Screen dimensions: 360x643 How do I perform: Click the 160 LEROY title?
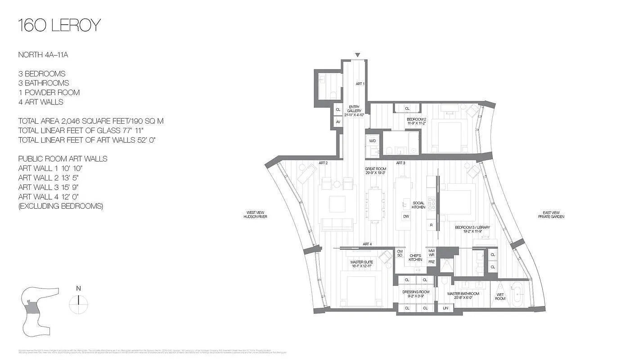tap(59, 25)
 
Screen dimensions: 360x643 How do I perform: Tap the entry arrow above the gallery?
tap(357, 55)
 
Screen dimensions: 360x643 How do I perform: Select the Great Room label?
tap(375, 171)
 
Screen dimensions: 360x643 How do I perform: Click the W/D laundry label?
tap(373, 141)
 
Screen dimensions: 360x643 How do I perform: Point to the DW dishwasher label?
tap(406, 216)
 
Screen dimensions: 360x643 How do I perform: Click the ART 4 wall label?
tap(367, 244)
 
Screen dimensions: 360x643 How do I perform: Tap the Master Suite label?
tap(360, 264)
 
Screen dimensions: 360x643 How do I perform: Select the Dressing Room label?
tap(416, 294)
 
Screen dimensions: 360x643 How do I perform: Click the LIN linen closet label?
tap(445, 308)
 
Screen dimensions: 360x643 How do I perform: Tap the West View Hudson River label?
tap(255, 215)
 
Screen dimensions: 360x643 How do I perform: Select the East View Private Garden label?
tap(551, 215)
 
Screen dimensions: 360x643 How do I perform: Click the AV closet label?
tap(338, 121)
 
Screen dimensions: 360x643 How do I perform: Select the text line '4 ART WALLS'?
tap(40, 102)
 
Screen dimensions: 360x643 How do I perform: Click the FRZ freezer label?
tap(432, 261)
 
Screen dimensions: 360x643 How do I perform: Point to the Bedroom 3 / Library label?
tap(472, 229)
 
